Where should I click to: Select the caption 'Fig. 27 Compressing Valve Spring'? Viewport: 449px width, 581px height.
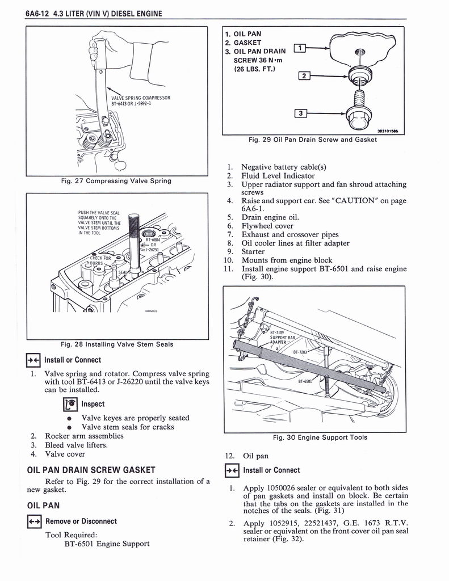(117, 181)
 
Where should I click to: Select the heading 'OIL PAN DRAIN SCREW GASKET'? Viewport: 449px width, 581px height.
(87, 469)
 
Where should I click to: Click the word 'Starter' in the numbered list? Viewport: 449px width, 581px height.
(253, 251)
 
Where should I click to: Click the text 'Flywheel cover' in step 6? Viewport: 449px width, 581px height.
(268, 226)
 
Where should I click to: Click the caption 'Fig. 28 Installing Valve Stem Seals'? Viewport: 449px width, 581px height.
(117, 344)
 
